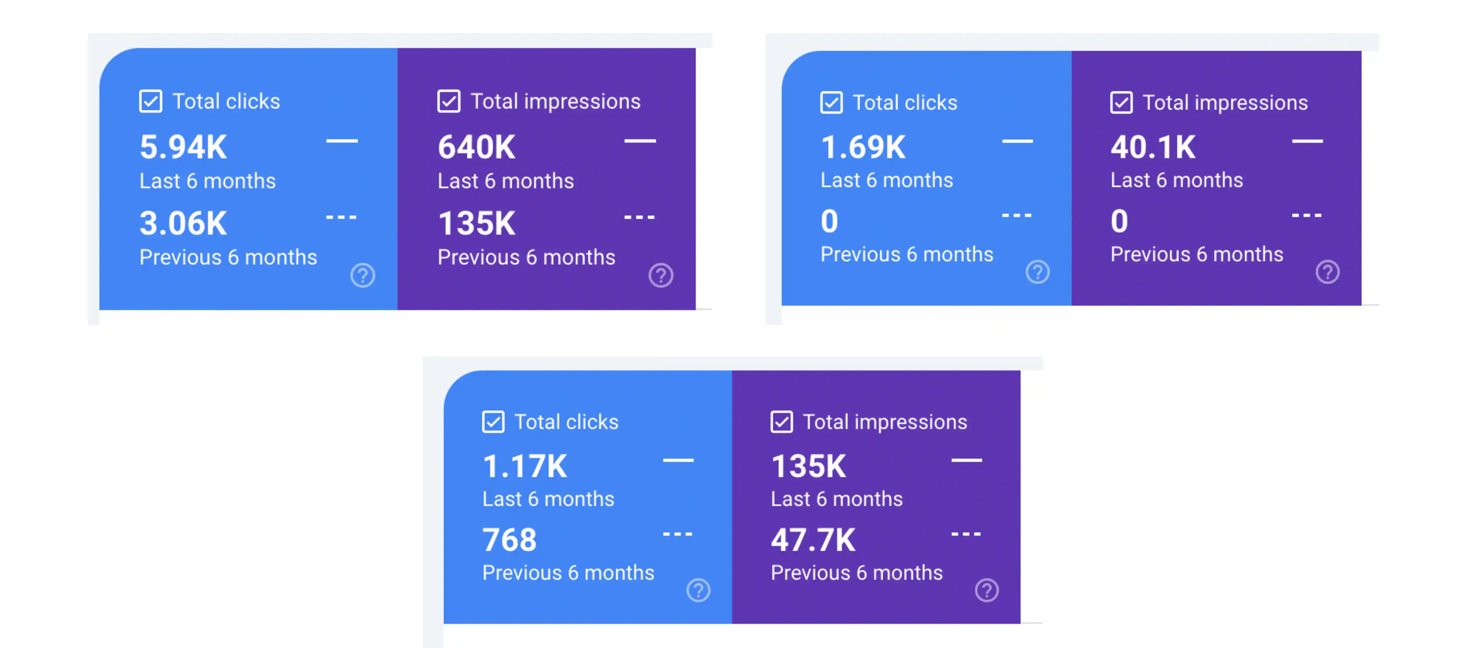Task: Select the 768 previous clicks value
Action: (509, 540)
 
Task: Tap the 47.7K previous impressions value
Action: (813, 540)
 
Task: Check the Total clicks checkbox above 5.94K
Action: (151, 101)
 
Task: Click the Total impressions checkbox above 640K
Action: (449, 101)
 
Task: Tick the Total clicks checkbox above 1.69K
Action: (831, 103)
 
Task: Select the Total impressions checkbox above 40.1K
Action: (1121, 103)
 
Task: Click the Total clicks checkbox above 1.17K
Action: (493, 422)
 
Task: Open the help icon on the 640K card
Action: (661, 276)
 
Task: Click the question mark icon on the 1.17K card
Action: (698, 591)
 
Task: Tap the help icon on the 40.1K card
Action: (1327, 272)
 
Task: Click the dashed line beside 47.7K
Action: (966, 534)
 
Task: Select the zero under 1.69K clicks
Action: (829, 221)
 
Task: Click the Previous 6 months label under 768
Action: (568, 573)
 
